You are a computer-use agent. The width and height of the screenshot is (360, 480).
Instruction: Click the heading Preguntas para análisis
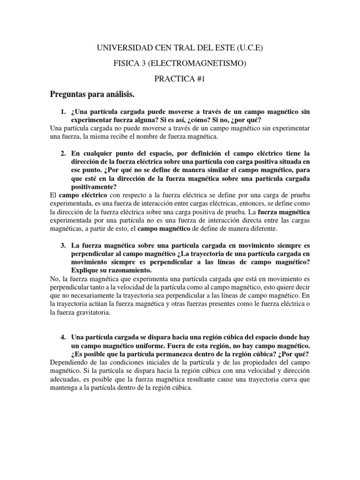92,95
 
